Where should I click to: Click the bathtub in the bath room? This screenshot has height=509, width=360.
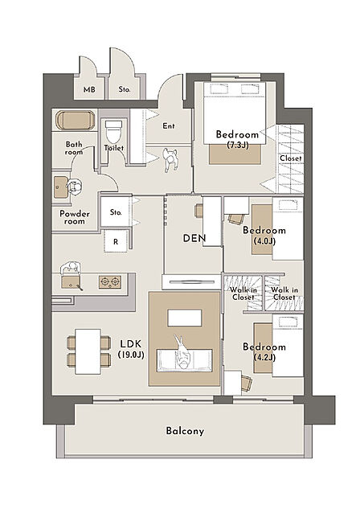coord(76,120)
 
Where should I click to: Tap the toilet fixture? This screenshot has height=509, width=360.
coord(113,131)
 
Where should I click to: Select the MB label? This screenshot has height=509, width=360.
coord(89,89)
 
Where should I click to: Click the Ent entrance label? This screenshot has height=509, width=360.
coord(168,125)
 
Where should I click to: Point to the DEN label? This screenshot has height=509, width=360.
coord(194,238)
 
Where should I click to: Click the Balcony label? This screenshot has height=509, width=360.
coord(185,431)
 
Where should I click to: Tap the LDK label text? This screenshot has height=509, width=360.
coord(131,344)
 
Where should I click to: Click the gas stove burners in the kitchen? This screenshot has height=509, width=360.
coord(110,281)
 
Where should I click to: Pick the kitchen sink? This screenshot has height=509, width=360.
coord(71,281)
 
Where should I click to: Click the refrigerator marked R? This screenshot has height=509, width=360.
coord(116,241)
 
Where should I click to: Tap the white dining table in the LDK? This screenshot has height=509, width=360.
coord(88,351)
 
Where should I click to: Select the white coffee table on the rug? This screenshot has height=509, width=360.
coord(185,318)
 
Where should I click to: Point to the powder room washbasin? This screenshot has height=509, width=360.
coord(60,187)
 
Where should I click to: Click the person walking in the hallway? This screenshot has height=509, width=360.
coord(170,160)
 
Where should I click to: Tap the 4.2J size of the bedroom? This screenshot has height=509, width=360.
coord(264,357)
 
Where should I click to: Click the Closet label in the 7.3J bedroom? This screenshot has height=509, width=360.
coord(291,158)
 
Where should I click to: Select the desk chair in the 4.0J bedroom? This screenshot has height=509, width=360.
coord(235,219)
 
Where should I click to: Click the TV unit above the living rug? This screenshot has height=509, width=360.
coord(192,281)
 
